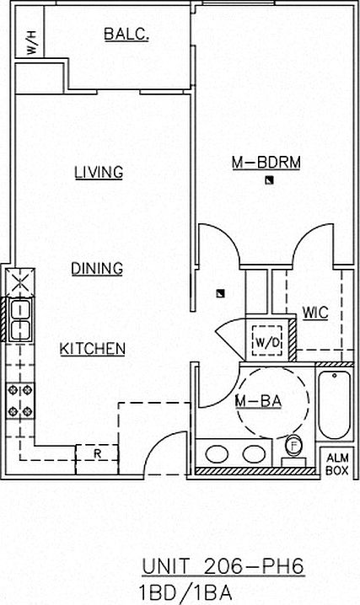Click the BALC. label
(126, 35)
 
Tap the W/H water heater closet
(30, 31)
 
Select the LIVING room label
(99, 172)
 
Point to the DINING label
(97, 269)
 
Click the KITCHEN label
(93, 349)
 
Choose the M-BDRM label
(266, 163)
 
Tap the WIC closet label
(315, 313)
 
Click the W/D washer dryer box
(267, 341)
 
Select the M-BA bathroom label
(259, 402)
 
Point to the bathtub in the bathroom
(335, 404)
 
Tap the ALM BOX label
(337, 464)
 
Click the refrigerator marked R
(96, 454)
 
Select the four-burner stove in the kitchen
(20, 401)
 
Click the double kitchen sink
(20, 319)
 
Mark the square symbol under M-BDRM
(269, 179)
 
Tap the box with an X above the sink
(20, 282)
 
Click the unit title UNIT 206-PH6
(223, 566)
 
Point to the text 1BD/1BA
(186, 592)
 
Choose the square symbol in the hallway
(220, 293)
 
